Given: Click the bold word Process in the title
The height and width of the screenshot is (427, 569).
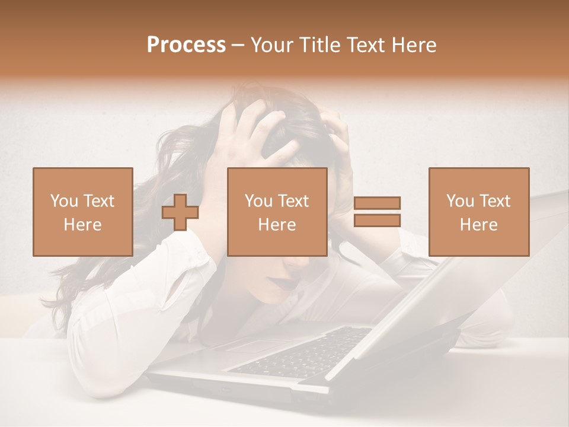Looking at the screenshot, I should point(186,45).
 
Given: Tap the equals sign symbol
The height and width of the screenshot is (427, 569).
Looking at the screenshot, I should point(377,212).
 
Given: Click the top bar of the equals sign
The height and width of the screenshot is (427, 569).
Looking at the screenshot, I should point(377,203).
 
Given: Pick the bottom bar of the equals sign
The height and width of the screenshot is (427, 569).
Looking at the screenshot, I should point(377,220).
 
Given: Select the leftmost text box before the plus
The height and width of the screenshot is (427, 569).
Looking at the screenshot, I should point(83,212).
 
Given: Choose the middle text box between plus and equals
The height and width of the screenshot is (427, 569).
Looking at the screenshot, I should point(277,212).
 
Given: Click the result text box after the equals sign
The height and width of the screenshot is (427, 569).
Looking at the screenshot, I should point(478,212).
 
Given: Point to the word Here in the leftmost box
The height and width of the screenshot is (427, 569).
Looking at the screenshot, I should point(83,225).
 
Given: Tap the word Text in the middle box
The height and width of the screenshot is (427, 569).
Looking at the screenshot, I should point(294,201).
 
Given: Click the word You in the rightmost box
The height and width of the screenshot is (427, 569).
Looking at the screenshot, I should point(460,201).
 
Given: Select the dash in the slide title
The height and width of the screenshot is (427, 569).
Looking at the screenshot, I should point(238,45).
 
